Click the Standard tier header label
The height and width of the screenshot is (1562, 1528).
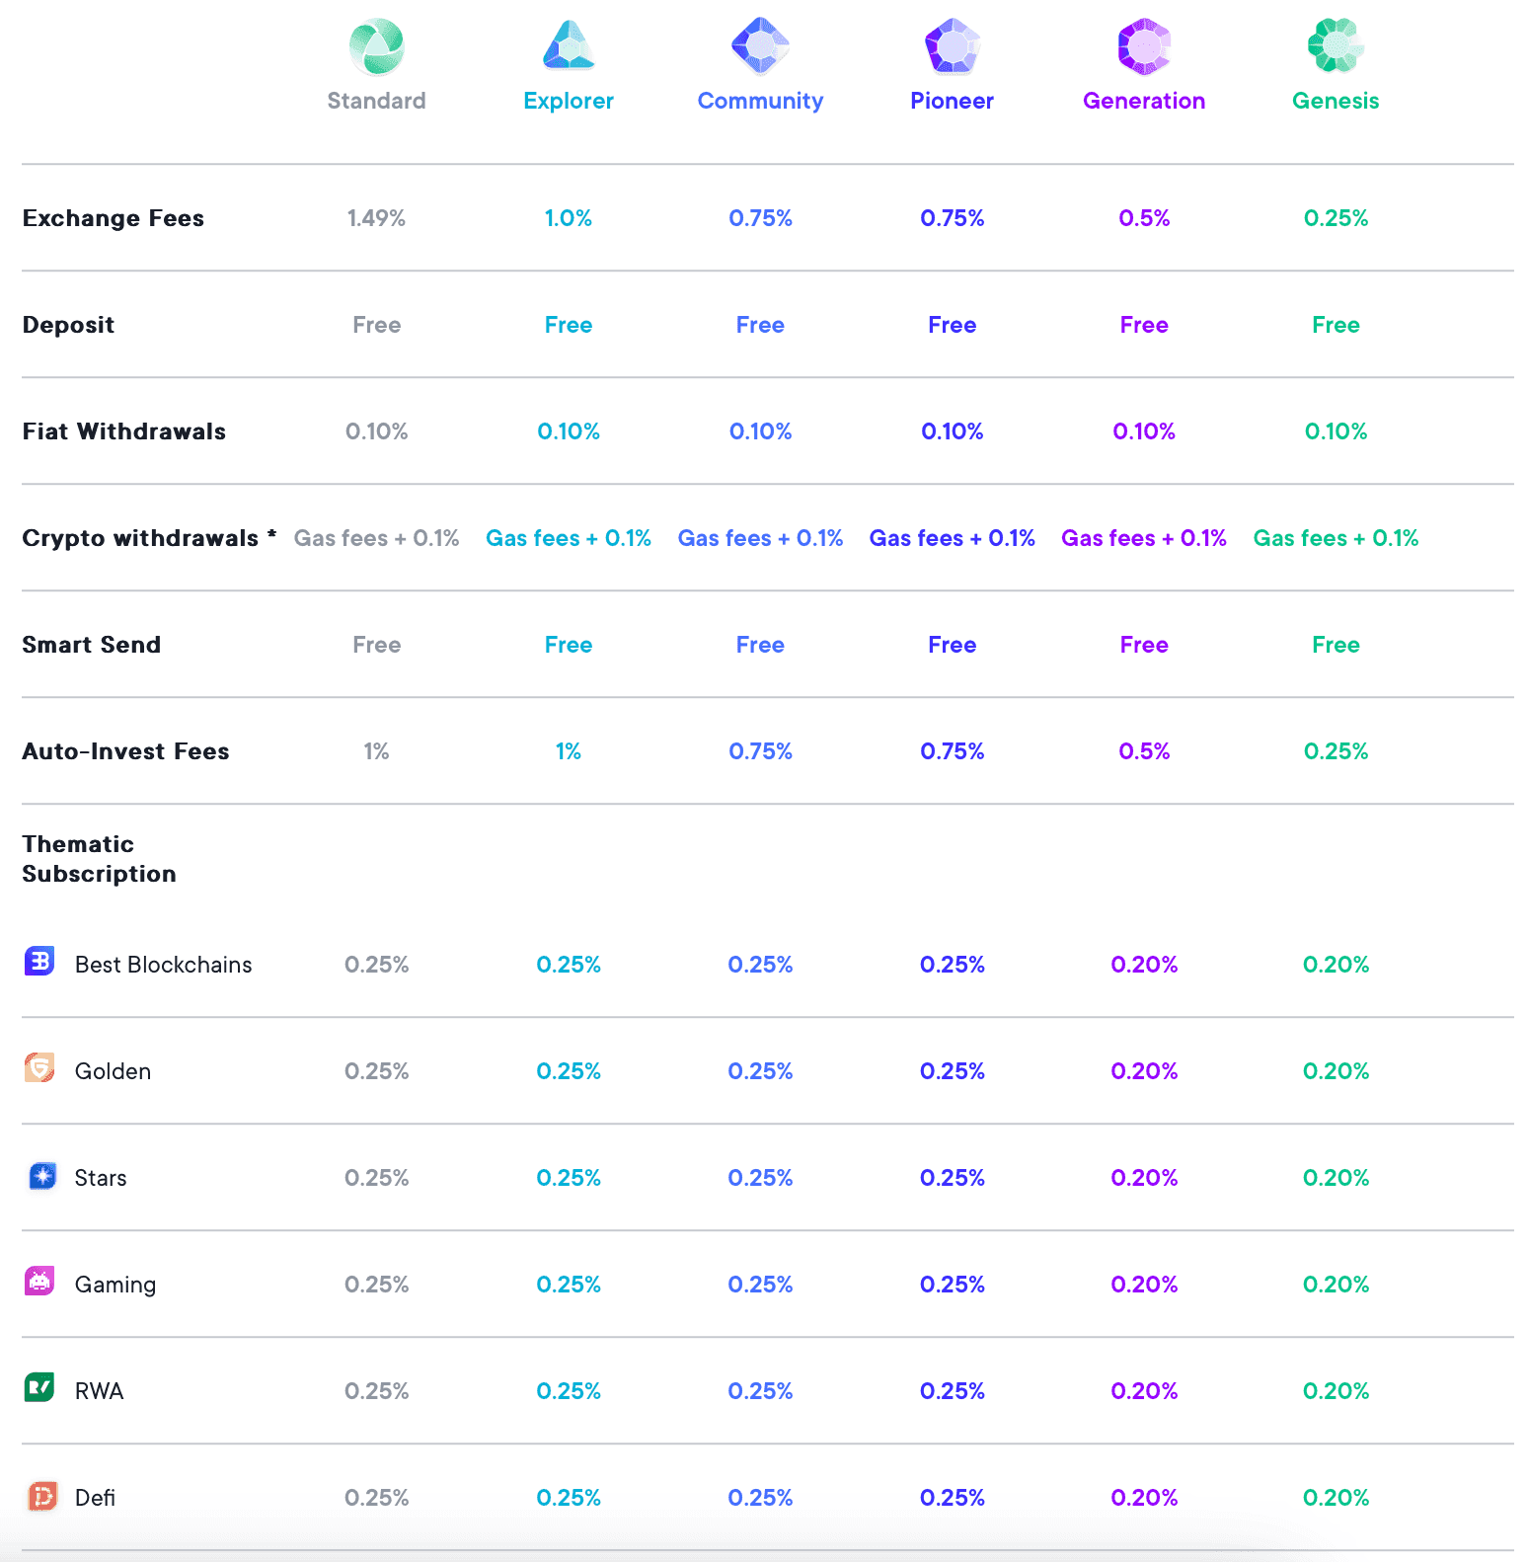point(376,101)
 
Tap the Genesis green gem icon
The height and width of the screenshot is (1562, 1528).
point(1335,45)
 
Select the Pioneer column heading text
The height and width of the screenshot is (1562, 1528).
point(952,101)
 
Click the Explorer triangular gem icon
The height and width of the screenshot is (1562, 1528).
point(569,45)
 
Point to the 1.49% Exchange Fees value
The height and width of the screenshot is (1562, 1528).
point(376,218)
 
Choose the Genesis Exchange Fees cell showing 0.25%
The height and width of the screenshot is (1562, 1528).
point(1336,218)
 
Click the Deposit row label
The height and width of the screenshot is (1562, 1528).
point(68,325)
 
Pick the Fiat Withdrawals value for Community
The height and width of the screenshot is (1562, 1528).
point(760,431)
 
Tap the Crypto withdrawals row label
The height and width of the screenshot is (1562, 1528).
point(140,538)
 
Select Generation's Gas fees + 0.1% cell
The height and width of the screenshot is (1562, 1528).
point(1143,538)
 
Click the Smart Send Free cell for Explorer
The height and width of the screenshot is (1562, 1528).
point(569,645)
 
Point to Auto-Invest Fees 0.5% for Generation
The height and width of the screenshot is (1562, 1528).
point(1143,751)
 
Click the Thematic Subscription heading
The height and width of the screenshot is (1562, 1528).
point(99,859)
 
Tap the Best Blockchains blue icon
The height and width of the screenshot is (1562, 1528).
point(39,961)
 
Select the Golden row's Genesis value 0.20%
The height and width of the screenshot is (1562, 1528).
point(1336,1071)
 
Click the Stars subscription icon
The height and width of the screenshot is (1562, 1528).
point(42,1176)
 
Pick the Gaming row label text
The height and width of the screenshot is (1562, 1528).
point(115,1285)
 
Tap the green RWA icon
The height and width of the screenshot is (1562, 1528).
point(39,1387)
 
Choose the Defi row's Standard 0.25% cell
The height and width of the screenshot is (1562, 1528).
point(376,1498)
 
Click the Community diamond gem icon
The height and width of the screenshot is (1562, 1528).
point(760,45)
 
